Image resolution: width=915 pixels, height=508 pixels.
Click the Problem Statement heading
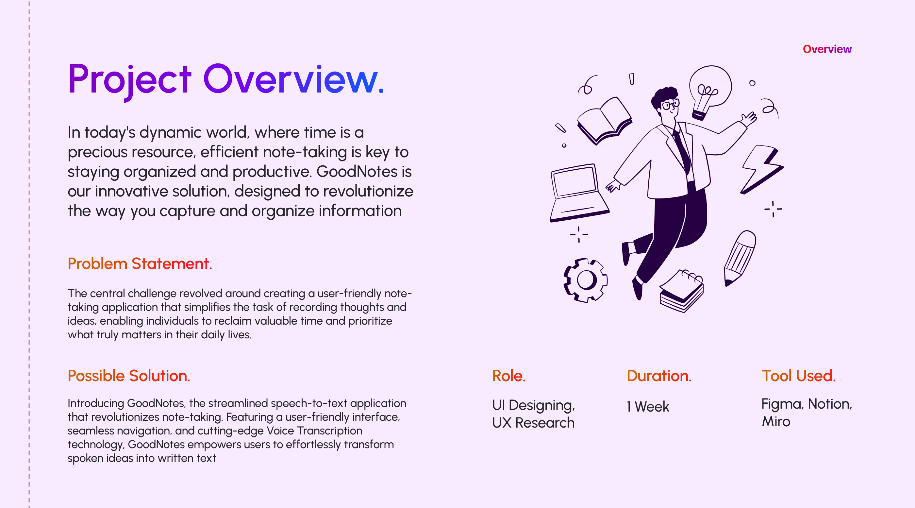(140, 263)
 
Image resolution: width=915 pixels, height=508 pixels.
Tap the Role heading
(509, 376)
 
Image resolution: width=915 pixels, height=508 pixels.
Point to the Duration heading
(659, 376)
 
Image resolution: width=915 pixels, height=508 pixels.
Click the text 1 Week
(648, 406)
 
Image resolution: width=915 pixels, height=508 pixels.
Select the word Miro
(776, 421)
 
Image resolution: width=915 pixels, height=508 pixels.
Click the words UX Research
(533, 423)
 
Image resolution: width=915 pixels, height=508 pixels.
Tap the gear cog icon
(585, 280)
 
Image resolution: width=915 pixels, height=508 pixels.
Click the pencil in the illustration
(740, 258)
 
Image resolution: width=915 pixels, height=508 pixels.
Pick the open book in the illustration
(604, 121)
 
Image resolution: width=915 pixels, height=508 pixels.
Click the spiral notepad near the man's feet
(682, 291)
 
